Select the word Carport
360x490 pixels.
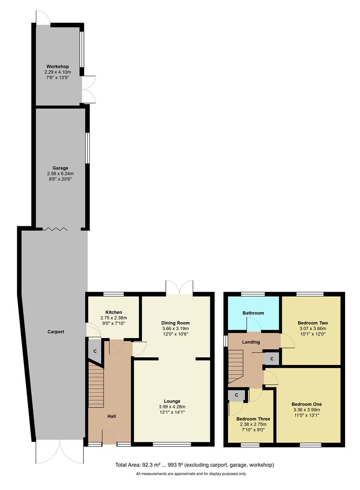55,332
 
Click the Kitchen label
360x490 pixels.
113,313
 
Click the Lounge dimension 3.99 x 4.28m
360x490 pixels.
172,407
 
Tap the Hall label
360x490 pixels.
112,416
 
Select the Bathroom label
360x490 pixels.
253,313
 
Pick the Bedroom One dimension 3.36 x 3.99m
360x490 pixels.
306,410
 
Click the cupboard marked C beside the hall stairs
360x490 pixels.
95,351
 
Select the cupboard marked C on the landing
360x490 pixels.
272,358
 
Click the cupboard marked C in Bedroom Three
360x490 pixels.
236,396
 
